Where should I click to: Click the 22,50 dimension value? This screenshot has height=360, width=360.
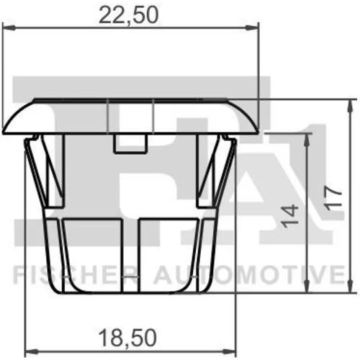(x=128, y=15)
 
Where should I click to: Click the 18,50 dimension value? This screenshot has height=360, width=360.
(x=127, y=338)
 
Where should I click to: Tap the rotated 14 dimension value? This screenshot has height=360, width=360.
(x=290, y=216)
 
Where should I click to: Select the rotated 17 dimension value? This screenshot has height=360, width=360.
(x=333, y=199)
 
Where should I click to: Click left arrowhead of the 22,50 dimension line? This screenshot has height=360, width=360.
(x=9, y=28)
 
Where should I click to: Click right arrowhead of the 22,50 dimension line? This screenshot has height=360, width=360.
(x=252, y=28)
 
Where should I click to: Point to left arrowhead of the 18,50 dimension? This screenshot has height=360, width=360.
(x=32, y=352)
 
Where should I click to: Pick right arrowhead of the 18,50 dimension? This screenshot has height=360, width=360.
(x=230, y=352)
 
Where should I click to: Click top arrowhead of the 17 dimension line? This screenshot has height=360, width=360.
(x=351, y=106)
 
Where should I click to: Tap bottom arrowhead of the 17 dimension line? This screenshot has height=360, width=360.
(x=351, y=286)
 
